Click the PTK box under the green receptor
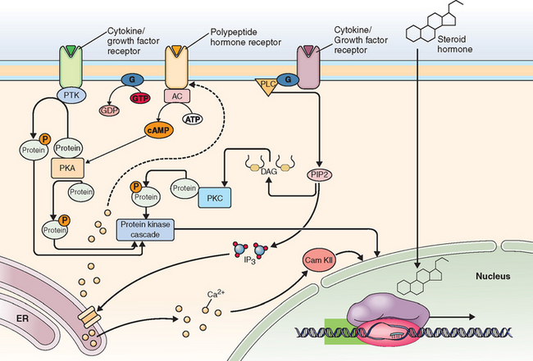71,97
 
